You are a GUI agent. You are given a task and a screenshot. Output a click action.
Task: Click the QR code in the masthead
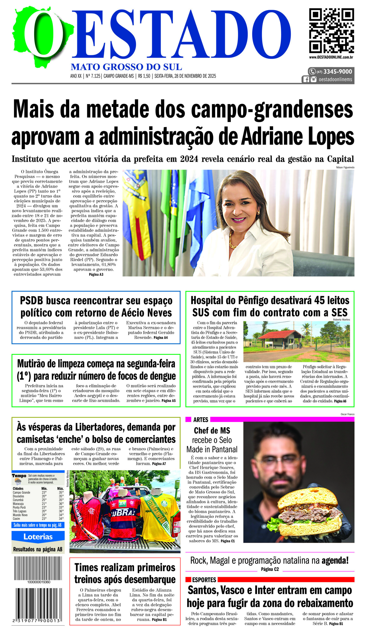[x=331, y=31]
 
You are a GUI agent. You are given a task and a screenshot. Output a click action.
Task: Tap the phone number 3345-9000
[x=337, y=72]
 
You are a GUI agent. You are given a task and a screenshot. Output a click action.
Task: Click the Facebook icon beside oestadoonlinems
[x=306, y=79]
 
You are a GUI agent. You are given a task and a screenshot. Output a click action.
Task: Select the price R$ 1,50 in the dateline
[x=144, y=76]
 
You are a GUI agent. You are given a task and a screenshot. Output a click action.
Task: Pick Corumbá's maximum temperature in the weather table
[x=61, y=500]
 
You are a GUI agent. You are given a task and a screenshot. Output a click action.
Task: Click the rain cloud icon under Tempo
[x=18, y=481]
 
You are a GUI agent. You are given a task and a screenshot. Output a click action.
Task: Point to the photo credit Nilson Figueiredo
[x=345, y=167]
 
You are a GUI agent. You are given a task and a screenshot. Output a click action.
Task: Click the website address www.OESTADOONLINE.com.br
[x=331, y=57]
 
